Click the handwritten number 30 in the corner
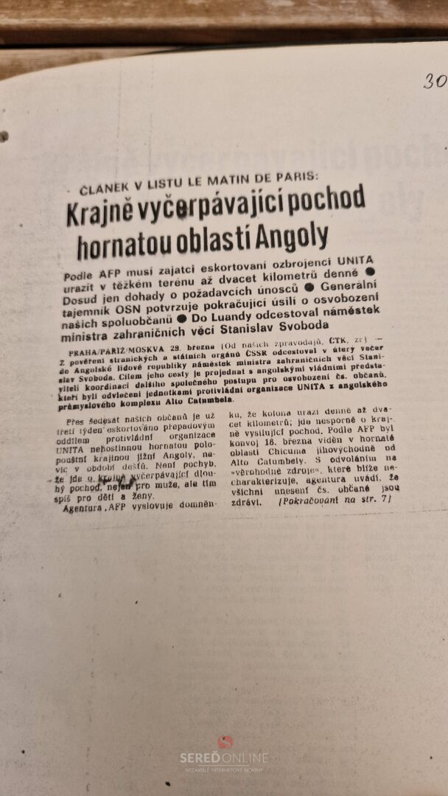click(435, 81)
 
